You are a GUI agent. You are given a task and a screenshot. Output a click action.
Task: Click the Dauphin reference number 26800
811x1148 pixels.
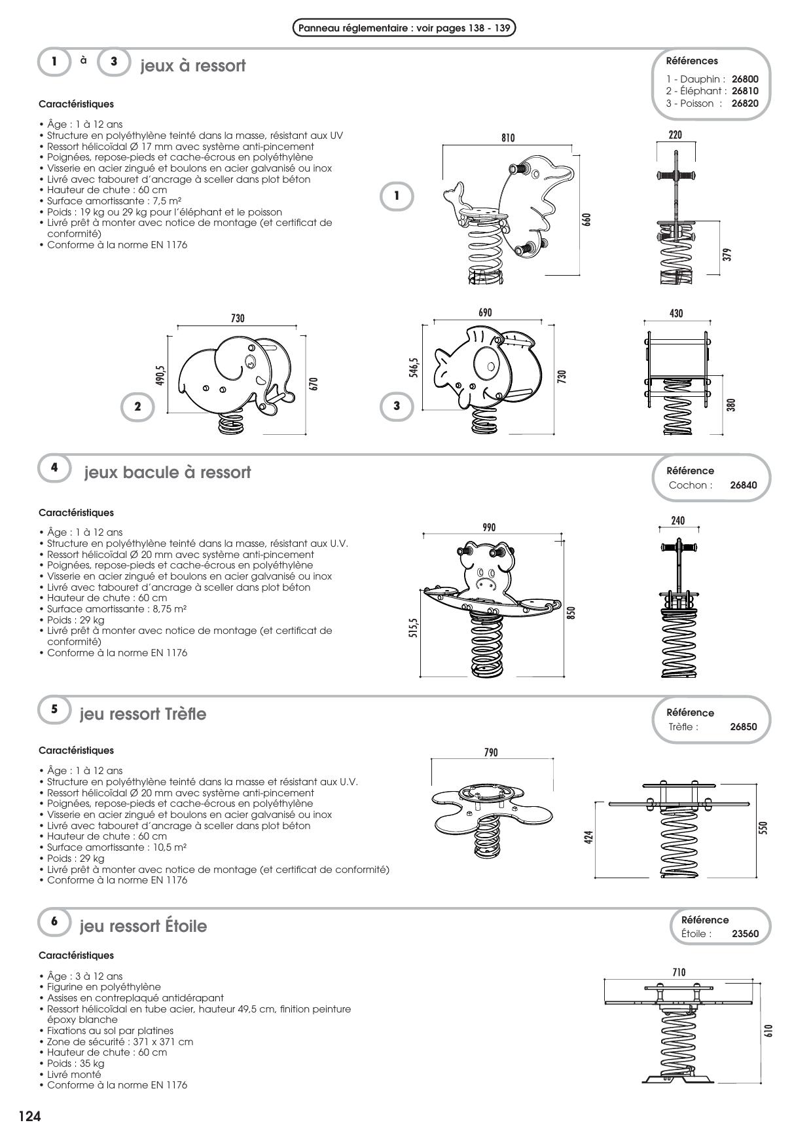(745, 79)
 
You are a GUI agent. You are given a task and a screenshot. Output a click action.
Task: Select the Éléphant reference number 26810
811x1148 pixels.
(745, 91)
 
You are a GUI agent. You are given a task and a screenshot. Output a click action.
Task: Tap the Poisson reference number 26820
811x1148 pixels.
(745, 103)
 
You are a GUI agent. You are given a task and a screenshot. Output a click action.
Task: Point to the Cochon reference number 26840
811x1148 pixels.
(743, 485)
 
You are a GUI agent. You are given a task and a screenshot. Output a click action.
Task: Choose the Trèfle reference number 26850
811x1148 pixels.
(743, 727)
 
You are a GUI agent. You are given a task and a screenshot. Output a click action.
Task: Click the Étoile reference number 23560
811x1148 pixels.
(745, 934)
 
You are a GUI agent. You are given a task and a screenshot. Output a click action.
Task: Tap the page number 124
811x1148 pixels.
(29, 1117)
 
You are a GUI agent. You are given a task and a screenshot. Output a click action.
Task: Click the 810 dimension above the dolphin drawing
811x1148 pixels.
(508, 138)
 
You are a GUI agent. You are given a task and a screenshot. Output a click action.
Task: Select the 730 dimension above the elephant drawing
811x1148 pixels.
(238, 318)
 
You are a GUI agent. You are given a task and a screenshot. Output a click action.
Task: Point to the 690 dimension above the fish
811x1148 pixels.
(485, 313)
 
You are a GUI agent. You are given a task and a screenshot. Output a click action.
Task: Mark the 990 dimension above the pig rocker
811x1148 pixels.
(488, 527)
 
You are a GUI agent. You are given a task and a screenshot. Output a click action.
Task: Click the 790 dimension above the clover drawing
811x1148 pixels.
(491, 752)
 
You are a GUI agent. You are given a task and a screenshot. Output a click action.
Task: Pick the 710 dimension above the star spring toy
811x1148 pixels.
(679, 972)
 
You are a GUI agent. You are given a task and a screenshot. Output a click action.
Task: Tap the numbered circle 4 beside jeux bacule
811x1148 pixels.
(54, 468)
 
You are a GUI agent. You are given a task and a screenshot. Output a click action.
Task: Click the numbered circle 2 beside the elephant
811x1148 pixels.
(137, 406)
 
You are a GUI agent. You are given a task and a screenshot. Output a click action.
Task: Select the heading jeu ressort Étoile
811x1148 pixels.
(143, 926)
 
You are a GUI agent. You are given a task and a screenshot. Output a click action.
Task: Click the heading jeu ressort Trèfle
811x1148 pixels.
(143, 714)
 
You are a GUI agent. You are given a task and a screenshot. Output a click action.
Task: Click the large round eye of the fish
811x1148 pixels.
(486, 362)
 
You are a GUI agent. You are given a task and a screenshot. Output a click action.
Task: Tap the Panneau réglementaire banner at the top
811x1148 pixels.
(404, 28)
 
